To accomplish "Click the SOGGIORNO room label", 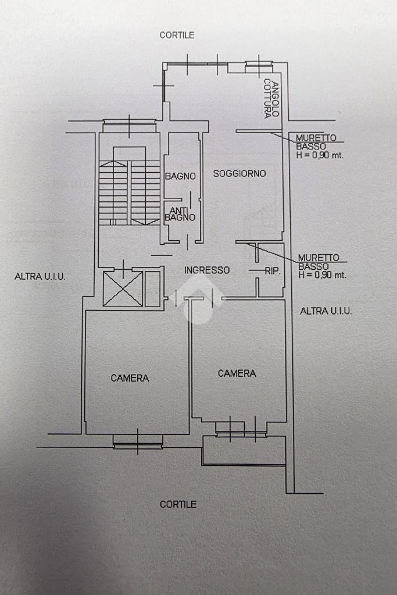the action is click(x=239, y=173).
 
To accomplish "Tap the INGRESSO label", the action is click(x=207, y=270).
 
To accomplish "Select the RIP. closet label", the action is click(x=273, y=270).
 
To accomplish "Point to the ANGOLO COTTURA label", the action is click(x=271, y=99).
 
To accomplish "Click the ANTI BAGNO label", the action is click(x=180, y=214).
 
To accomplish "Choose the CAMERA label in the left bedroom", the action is click(x=130, y=378).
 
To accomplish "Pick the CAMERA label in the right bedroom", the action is click(x=237, y=373).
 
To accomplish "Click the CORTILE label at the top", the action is click(x=177, y=35).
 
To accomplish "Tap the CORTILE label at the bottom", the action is click(x=178, y=504).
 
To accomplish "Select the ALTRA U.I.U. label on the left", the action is click(x=40, y=277).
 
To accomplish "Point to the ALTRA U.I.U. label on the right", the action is click(x=326, y=311).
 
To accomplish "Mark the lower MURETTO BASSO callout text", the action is click(x=321, y=266).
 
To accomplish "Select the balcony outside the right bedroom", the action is click(x=244, y=451).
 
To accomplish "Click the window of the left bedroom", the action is click(x=138, y=441).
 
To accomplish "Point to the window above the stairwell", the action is click(x=129, y=124).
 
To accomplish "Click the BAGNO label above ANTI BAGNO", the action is click(x=180, y=176).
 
